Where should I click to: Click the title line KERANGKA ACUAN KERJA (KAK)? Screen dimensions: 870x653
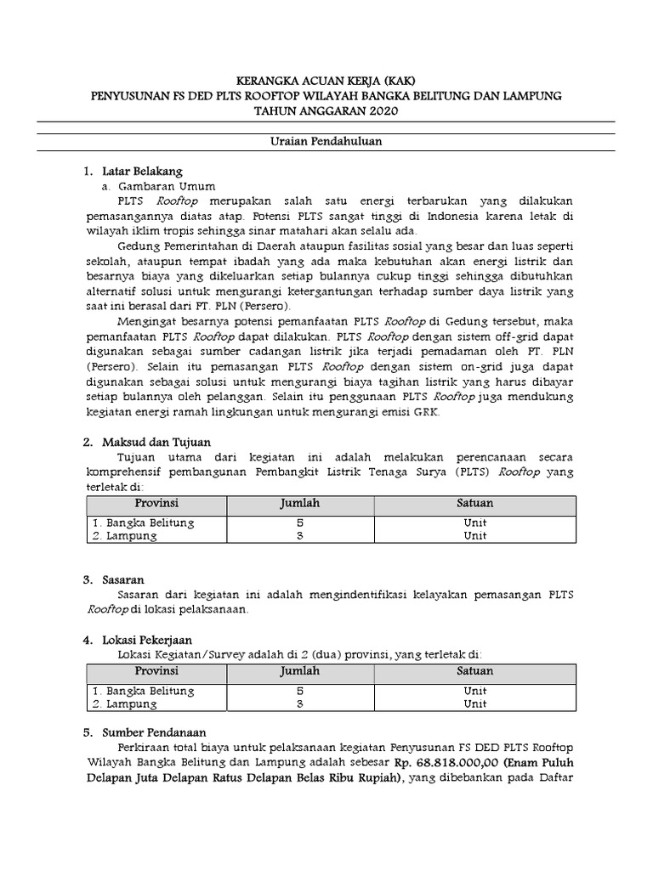pyautogui.click(x=326, y=82)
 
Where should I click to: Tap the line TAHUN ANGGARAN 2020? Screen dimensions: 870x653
pyautogui.click(x=326, y=111)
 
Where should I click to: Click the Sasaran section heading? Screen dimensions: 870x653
pyautogui.click(x=124, y=579)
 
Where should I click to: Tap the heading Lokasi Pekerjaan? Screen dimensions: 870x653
pyautogui.click(x=150, y=639)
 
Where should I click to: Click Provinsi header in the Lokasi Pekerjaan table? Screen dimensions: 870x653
pyautogui.click(x=168, y=671)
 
